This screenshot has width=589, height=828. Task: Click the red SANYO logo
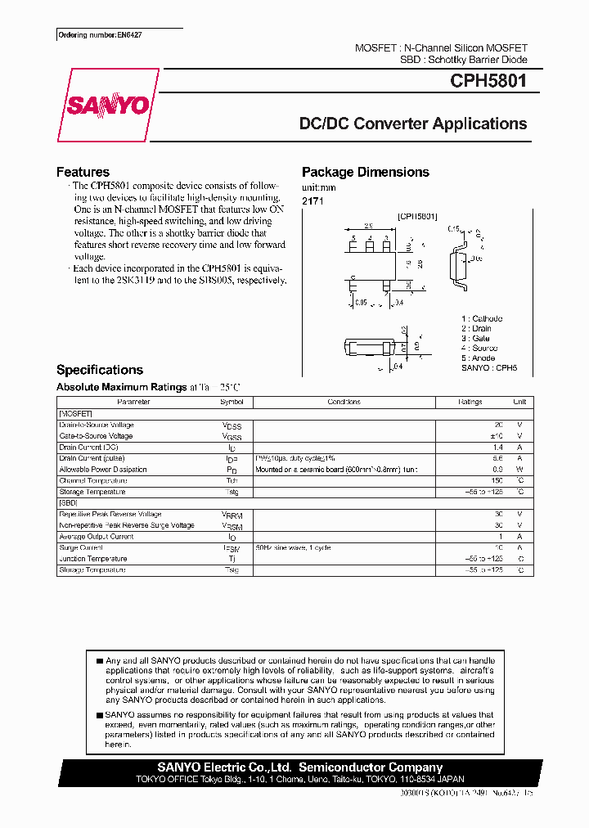(x=108, y=106)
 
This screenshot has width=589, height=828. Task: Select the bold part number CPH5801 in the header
(x=488, y=82)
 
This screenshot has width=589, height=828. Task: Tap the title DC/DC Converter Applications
(x=412, y=124)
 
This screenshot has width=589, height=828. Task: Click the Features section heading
(x=83, y=172)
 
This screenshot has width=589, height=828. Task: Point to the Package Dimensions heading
(x=365, y=172)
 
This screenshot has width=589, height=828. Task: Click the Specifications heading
(x=99, y=370)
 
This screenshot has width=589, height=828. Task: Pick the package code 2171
(x=312, y=200)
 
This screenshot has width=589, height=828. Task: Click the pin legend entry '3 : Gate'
(x=476, y=338)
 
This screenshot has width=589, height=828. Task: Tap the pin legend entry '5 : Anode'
(x=479, y=358)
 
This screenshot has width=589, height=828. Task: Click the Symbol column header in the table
(x=232, y=403)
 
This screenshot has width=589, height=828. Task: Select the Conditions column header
(x=344, y=403)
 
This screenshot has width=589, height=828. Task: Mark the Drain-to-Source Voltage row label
(x=96, y=425)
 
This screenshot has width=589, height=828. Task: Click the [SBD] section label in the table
(x=69, y=502)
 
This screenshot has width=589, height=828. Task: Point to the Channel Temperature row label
(x=92, y=480)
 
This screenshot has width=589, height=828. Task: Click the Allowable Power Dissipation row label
(x=103, y=470)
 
